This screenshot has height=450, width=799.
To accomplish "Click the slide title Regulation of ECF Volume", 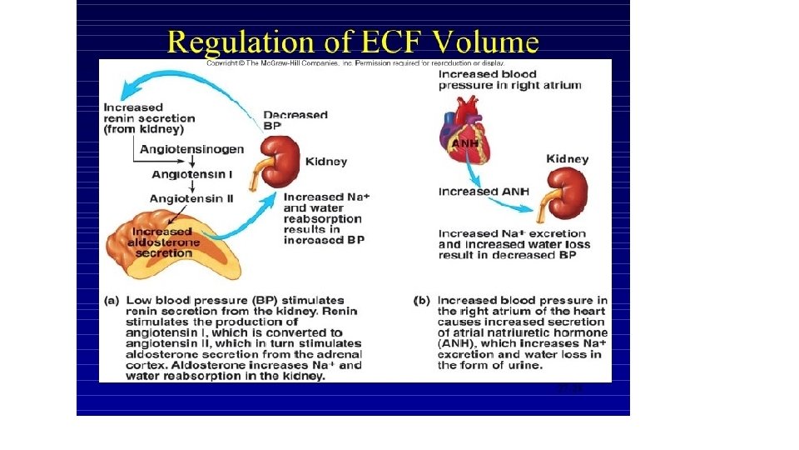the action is [353, 41].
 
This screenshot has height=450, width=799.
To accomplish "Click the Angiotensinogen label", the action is [191, 149].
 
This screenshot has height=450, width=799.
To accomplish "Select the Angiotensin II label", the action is [186, 198].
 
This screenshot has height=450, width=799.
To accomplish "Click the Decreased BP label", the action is [295, 120].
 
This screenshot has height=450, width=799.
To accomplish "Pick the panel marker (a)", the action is [112, 300].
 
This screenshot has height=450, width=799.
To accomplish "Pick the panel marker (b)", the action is [422, 300].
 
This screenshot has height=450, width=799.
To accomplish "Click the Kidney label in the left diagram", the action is [326, 161].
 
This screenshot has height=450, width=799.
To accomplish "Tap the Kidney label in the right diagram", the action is [567, 158].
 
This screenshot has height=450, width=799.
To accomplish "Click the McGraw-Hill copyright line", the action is [355, 63].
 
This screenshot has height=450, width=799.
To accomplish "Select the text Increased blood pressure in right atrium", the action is [509, 79].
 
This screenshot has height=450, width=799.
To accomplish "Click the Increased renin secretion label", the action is [143, 118].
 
